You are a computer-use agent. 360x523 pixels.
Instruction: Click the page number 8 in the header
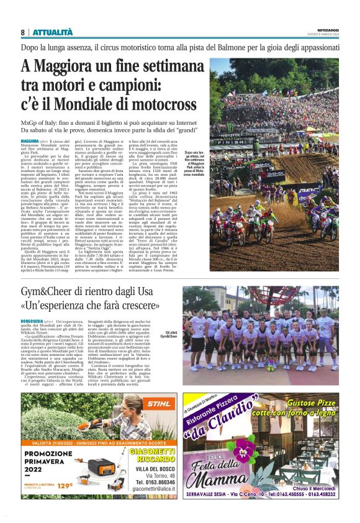pos(22,32)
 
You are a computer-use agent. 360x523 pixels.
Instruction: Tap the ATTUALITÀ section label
pos(52,32)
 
